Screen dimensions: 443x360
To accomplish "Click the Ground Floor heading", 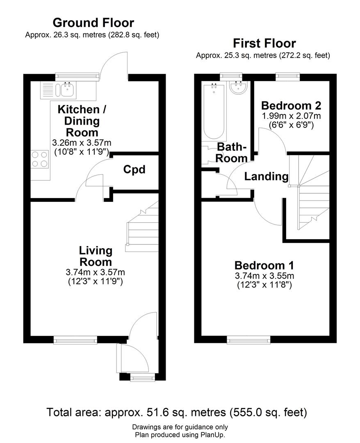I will pos(93,23).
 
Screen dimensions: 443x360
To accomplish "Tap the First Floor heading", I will pos(264,43).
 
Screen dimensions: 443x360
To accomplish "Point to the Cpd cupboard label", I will pos(134,169).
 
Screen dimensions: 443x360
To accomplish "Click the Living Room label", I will pos(96,256).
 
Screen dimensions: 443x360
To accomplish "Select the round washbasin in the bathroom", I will pos(238,87).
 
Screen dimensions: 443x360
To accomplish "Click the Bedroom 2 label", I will pos(291,105).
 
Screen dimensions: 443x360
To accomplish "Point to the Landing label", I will pos(267,176).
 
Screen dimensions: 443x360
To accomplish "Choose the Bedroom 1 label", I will pos(264,265).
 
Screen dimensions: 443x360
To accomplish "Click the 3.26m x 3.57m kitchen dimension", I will pos(82,143).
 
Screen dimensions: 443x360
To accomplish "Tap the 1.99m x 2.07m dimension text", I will pos(292,116).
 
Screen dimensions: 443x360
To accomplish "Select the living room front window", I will pos(75,339).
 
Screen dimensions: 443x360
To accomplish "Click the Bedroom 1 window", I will pos(248,339).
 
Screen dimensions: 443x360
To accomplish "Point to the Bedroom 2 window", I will pos(287,76).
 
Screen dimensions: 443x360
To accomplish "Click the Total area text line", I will pos(177,412).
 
